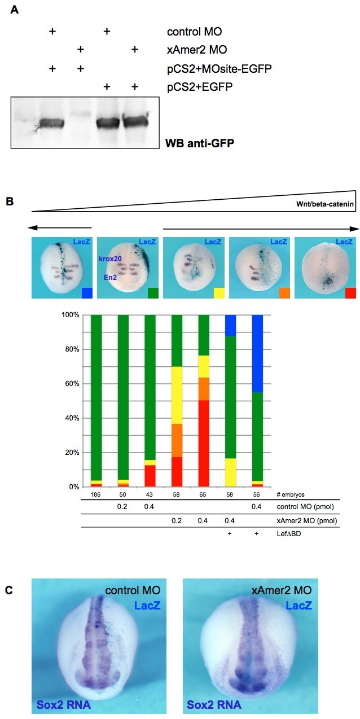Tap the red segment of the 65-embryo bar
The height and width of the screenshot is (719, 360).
[204, 443]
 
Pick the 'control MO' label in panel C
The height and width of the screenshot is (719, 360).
[135, 591]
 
